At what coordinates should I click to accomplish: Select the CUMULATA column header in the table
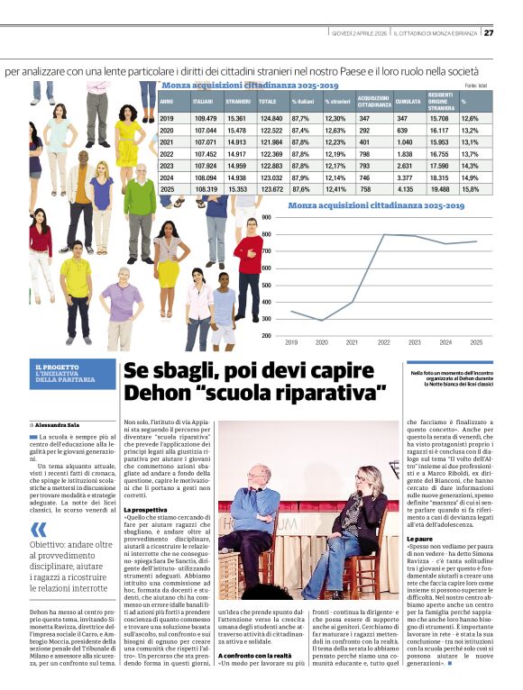pyautogui.click(x=408, y=103)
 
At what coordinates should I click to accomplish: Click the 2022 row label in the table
pyautogui.click(x=167, y=154)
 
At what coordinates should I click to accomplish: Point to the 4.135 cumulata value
pyautogui.click(x=406, y=189)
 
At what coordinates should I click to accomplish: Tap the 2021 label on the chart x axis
pyautogui.click(x=353, y=342)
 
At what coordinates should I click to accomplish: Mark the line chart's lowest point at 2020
pyautogui.click(x=322, y=320)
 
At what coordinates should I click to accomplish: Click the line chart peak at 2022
pyautogui.click(x=383, y=235)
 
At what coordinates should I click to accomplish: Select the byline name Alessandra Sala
pyautogui.click(x=58, y=422)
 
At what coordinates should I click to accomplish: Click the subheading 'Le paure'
pyautogui.click(x=423, y=539)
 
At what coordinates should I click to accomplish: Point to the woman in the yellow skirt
pyautogui.click(x=169, y=261)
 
